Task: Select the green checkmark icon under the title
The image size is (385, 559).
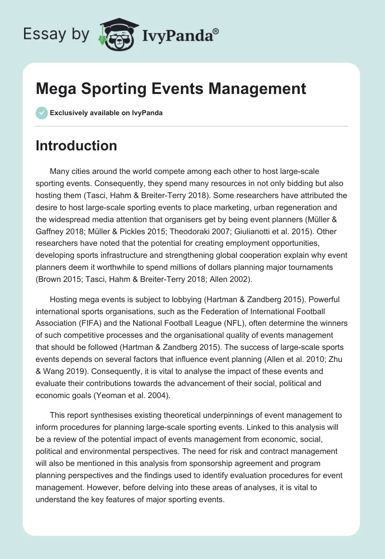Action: click(41, 113)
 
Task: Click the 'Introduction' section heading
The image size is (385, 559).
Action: click(76, 146)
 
